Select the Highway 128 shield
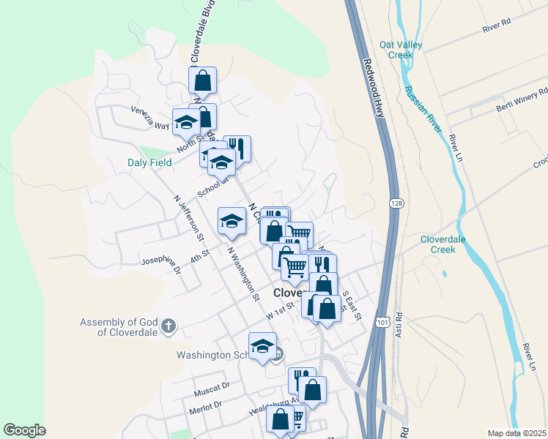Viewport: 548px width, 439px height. (396, 203)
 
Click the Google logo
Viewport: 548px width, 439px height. (24, 430)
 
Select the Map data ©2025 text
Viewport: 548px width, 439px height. (516, 433)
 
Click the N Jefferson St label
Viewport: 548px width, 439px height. (188, 217)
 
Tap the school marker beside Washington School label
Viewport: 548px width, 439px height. (262, 347)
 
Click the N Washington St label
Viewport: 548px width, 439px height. (243, 274)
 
